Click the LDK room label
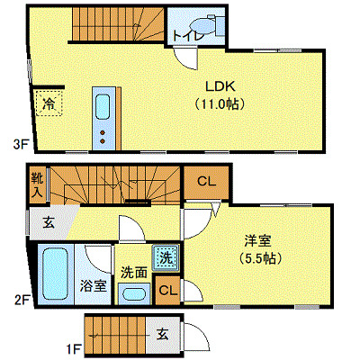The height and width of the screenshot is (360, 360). [220, 87]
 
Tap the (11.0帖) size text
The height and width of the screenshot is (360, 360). [220, 103]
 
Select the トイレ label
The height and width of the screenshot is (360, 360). [185, 35]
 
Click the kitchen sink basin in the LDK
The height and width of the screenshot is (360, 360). [103, 107]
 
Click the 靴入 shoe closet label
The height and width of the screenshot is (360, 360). [37, 184]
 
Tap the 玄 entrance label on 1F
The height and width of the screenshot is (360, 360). [162, 334]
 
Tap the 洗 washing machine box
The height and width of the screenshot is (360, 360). [165, 258]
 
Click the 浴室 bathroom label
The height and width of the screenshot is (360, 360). [94, 286]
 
